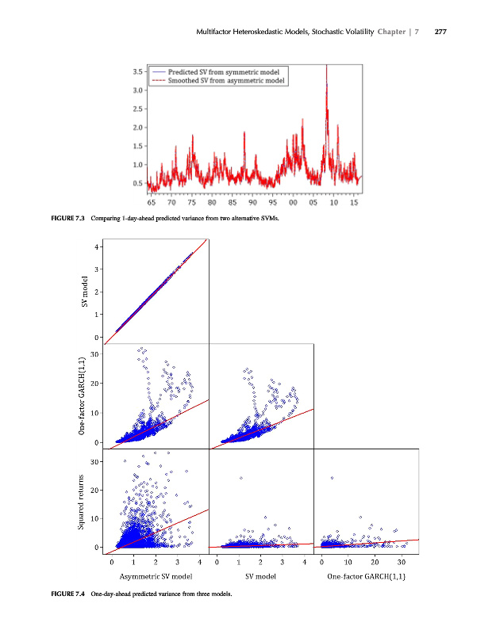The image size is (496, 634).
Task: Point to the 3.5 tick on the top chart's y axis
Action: pos(138,71)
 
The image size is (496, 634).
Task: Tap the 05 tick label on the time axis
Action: pos(313,202)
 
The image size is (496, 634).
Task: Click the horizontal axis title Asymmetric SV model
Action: pos(156,577)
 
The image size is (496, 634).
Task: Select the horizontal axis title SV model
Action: pos(260,577)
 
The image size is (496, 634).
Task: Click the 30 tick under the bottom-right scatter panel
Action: pos(402,562)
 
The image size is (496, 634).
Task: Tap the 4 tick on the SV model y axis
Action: pos(97,247)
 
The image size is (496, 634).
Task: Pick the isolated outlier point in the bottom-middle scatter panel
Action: pos(240,478)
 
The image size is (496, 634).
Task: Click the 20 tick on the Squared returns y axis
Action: pos(95,491)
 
